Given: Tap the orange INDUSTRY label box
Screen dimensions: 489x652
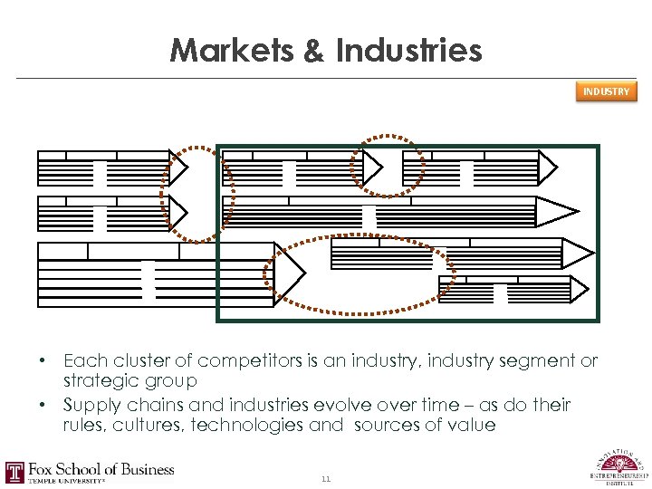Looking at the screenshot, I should (x=606, y=91).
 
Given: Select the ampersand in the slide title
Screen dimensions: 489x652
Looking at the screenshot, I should (x=312, y=50).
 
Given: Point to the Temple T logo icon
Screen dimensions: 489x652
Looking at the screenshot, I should (x=14, y=473).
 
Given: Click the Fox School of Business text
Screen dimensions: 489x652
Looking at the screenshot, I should (x=101, y=469).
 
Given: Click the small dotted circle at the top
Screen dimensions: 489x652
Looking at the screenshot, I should (x=388, y=166).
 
